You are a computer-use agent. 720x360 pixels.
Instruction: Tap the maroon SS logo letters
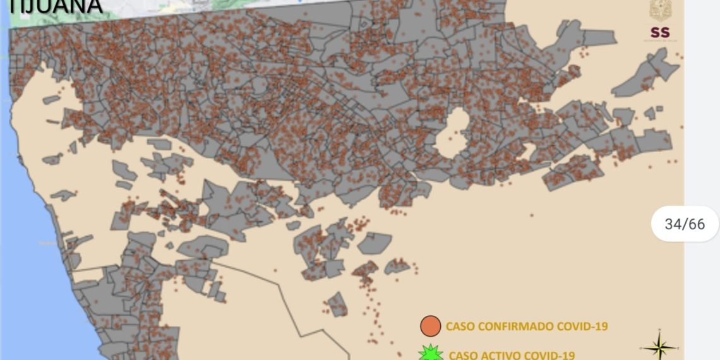[659, 32]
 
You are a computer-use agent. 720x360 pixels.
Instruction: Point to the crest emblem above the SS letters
[659, 10]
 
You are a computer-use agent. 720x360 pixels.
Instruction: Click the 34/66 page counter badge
[685, 224]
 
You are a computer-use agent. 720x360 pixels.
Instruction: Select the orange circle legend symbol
[430, 326]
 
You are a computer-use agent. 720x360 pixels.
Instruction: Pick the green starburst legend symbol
[431, 353]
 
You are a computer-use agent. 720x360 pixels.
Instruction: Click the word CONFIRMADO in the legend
[515, 327]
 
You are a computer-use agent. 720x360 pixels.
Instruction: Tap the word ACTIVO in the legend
[501, 355]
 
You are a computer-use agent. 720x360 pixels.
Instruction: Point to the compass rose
[659, 347]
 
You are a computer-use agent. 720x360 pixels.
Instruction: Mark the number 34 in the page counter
[673, 224]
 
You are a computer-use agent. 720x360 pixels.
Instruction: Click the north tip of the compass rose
[659, 330]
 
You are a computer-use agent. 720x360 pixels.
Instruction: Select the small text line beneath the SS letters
[659, 41]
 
